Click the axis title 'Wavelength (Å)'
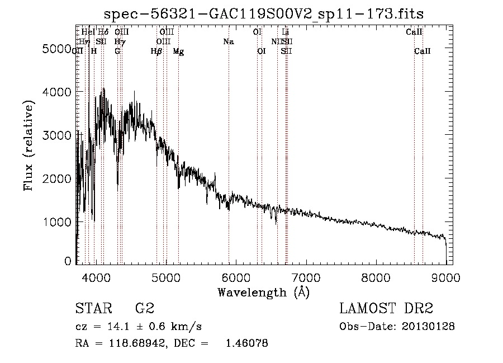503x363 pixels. pyautogui.click(x=263, y=292)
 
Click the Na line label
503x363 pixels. pyautogui.click(x=228, y=42)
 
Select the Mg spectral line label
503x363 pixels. pyautogui.click(x=178, y=51)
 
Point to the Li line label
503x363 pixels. pyautogui.click(x=286, y=32)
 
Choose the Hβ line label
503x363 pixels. pyautogui.click(x=156, y=51)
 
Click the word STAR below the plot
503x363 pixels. pyautogui.click(x=93, y=309)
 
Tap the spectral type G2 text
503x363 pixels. pyautogui.click(x=145, y=309)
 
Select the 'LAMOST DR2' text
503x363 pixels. pyautogui.click(x=386, y=309)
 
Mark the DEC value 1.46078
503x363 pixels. pyautogui.click(x=245, y=343)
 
